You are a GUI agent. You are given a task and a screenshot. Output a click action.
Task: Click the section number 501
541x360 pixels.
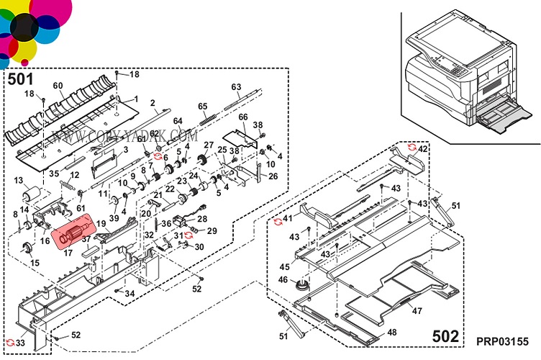point(20,78)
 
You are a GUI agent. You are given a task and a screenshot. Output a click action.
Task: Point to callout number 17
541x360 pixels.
point(69,253)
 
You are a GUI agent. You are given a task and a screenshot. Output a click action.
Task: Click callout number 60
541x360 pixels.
point(58,86)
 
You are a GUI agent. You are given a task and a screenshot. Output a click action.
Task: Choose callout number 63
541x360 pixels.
point(236,87)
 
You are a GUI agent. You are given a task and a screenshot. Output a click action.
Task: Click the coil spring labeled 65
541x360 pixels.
point(209,116)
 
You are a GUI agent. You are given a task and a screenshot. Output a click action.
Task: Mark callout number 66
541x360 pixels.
point(242,117)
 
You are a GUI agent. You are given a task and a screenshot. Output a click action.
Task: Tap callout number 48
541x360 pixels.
point(391,332)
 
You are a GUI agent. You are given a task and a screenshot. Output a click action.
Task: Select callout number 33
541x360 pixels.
point(20,343)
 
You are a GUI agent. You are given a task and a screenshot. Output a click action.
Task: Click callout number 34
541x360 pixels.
point(129,293)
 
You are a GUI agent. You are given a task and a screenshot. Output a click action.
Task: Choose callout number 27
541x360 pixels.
point(209,145)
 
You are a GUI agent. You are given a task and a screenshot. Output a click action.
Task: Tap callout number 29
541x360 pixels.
point(212,230)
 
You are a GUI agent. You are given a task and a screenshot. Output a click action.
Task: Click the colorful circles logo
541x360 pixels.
point(32,29)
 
